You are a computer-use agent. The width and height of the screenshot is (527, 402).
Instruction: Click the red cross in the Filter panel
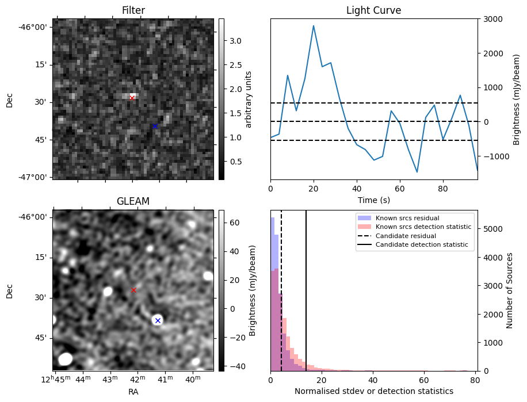[132, 98]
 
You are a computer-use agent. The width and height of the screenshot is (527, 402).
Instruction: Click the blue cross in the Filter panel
[155, 126]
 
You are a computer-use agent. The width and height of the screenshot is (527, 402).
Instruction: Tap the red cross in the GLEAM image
[133, 290]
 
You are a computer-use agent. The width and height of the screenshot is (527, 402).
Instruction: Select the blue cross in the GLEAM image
[158, 320]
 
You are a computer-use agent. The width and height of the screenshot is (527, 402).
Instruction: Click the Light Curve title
[373, 10]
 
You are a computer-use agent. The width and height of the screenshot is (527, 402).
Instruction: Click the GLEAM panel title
[133, 201]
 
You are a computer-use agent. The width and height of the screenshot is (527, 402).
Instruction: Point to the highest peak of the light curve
[314, 26]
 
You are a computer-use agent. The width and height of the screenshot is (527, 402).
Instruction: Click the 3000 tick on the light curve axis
[492, 19]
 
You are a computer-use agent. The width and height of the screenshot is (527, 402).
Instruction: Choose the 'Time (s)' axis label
[373, 200]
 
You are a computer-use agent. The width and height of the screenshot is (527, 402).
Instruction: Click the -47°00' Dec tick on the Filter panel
[34, 177]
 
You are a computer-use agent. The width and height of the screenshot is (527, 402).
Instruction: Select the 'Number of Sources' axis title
[509, 290]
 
